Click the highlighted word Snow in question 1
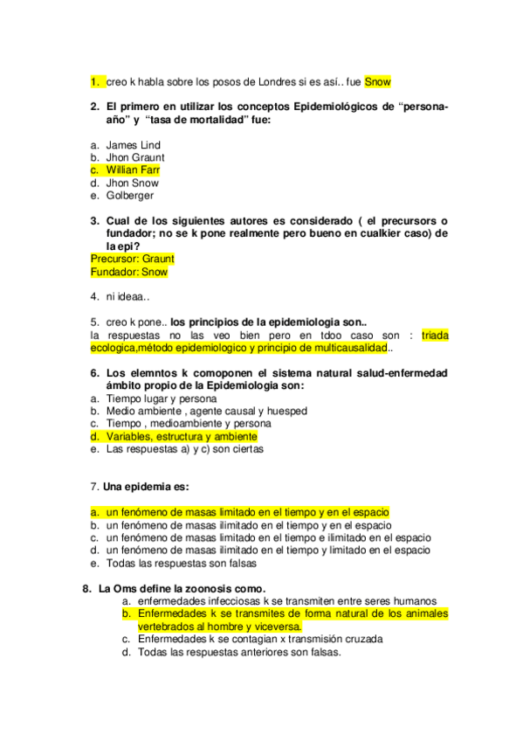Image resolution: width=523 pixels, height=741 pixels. [378, 82]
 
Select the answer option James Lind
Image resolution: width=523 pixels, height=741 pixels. [133, 145]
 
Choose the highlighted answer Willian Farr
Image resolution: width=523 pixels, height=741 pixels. [133, 170]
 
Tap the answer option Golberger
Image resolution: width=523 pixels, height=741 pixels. [129, 196]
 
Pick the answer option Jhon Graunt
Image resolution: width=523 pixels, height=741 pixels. [135, 157]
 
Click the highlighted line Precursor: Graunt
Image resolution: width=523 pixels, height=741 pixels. [132, 260]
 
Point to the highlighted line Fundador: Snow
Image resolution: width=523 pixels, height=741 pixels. [129, 272]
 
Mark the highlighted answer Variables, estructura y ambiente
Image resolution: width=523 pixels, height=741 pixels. [182, 436]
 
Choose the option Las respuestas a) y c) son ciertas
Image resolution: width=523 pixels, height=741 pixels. [184, 449]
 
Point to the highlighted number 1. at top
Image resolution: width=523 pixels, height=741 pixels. [94, 82]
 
